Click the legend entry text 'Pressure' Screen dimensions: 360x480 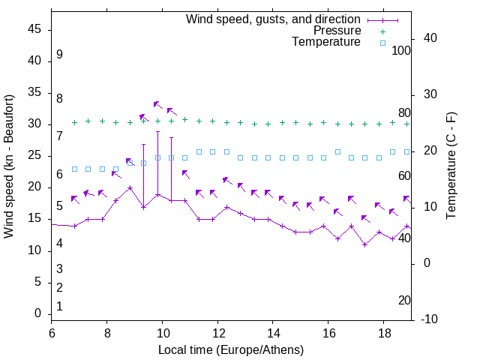click(x=337, y=31)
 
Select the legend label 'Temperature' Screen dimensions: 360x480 click(x=326, y=43)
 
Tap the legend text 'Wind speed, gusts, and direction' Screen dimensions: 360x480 click(x=274, y=19)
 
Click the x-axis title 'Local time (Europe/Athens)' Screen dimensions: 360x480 click(x=231, y=350)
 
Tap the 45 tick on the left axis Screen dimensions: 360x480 click(x=34, y=30)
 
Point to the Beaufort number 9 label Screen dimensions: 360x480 click(x=59, y=55)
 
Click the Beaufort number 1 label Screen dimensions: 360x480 click(x=59, y=306)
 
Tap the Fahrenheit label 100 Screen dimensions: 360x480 click(x=402, y=51)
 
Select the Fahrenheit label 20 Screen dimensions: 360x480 click(x=404, y=301)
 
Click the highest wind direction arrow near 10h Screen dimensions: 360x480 click(x=157, y=104)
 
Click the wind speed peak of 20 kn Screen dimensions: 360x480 click(x=130, y=188)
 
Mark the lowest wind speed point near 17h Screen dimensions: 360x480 click(x=364, y=244)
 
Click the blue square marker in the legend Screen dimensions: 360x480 click(x=382, y=43)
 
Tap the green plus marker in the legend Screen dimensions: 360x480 click(x=382, y=31)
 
